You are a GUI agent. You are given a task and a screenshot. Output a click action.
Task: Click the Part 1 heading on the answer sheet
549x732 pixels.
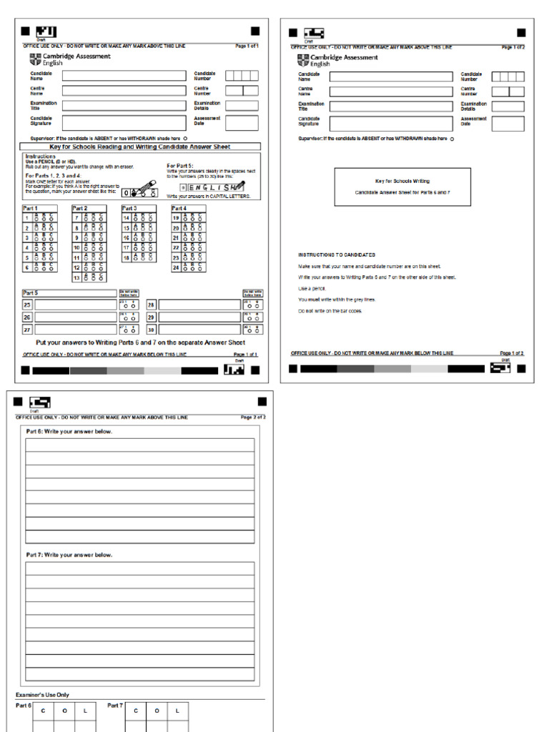coord(31,208)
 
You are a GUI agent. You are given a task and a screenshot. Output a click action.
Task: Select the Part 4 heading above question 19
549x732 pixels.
coord(179,208)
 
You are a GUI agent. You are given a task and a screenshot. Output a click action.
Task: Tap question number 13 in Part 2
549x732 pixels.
coord(76,277)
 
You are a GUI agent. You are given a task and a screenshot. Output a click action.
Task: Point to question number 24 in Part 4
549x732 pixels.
coord(176,267)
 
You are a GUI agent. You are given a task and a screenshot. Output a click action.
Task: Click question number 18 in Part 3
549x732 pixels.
coord(127,257)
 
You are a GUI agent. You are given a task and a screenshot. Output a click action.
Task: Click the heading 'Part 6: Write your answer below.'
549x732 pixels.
coord(69,432)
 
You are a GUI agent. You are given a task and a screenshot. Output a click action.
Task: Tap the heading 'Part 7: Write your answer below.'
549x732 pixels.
coord(69,555)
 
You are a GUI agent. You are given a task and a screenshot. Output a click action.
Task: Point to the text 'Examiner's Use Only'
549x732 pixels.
coord(42,695)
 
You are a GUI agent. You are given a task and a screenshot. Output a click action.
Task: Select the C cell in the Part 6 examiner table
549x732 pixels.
coord(43,711)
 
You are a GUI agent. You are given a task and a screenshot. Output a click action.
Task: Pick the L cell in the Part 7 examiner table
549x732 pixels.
coord(177,711)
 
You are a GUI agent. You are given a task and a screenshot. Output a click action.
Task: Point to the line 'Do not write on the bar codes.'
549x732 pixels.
coord(330,311)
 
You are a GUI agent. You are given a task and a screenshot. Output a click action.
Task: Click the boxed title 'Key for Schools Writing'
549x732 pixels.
coord(402,182)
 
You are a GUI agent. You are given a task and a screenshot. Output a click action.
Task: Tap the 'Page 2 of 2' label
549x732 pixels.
coord(253,417)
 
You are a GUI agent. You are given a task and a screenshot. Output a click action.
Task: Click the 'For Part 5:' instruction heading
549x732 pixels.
coord(179,165)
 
